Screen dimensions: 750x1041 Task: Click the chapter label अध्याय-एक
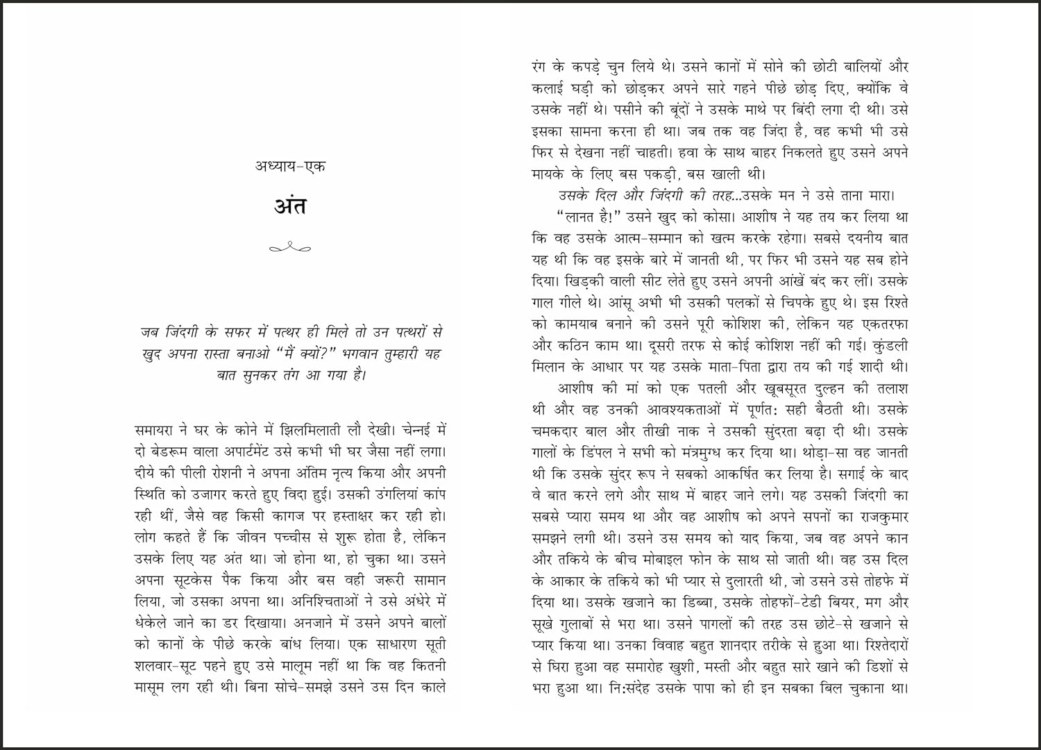tap(290, 167)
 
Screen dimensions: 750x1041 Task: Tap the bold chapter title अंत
tap(290, 206)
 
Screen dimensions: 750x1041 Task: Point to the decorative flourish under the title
tap(290, 247)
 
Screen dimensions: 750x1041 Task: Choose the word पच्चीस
tap(305, 537)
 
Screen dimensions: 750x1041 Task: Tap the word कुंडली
tap(887, 345)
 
